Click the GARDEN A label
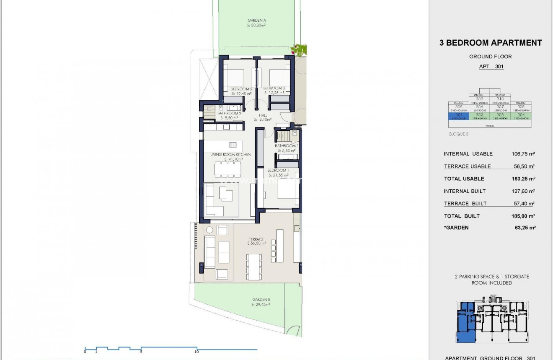tap(256, 20)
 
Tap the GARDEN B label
tap(261, 300)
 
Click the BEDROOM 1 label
tap(278, 170)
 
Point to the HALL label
tap(263, 115)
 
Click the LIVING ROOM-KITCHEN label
tap(230, 155)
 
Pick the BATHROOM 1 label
tap(286, 146)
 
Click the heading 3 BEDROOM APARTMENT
tap(491, 43)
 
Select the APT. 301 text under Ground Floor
tap(491, 67)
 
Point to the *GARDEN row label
tap(456, 228)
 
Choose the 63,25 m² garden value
tap(525, 228)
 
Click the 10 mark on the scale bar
tap(196, 352)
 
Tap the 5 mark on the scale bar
tap(141, 352)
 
